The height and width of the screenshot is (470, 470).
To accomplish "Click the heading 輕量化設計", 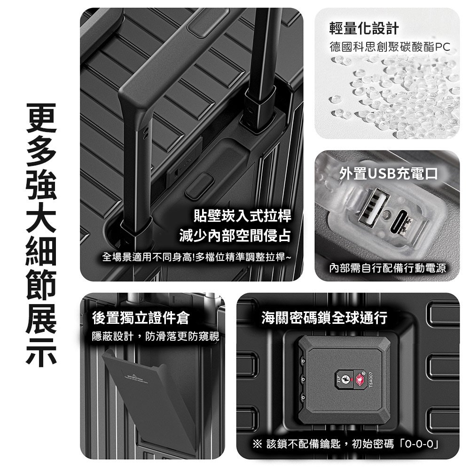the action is (364, 29).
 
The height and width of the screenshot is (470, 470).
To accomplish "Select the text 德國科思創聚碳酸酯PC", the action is (390, 47).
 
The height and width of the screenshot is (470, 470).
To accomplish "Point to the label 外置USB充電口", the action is (389, 173).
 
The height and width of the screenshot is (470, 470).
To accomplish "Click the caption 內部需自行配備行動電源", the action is (387, 268).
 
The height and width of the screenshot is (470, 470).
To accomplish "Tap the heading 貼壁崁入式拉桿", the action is (242, 215).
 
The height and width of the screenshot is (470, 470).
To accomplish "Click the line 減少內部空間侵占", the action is (235, 235).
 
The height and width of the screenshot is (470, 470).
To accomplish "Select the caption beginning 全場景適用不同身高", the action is (196, 257).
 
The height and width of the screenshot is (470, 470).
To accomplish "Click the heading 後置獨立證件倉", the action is (141, 318).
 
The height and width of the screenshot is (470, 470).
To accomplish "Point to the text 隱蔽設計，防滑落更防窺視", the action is (156, 337).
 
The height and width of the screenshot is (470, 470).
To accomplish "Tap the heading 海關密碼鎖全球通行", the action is (324, 318).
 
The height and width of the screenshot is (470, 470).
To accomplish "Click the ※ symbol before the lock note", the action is (258, 444).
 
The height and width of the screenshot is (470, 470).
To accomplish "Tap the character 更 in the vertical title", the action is (41, 118).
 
